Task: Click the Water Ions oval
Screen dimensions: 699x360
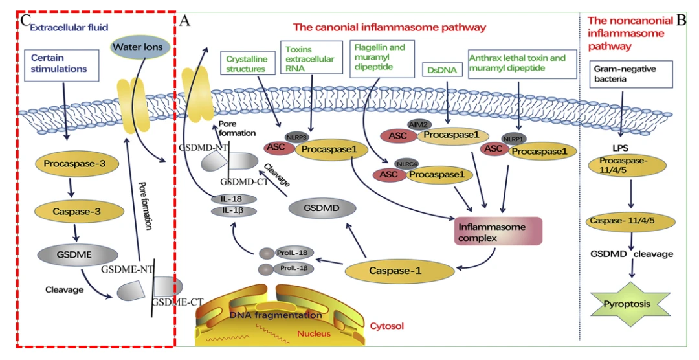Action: point(138,47)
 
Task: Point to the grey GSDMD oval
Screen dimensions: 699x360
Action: point(322,208)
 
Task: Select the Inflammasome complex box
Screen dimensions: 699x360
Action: point(498,232)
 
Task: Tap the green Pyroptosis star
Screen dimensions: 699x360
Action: point(627,304)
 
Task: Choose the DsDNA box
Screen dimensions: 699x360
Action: point(442,69)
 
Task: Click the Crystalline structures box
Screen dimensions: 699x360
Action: point(246,64)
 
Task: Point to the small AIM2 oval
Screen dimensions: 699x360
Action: point(419,124)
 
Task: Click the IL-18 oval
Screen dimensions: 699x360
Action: point(234,199)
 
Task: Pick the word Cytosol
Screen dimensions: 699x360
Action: point(386,326)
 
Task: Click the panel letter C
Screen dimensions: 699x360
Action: point(25,20)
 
